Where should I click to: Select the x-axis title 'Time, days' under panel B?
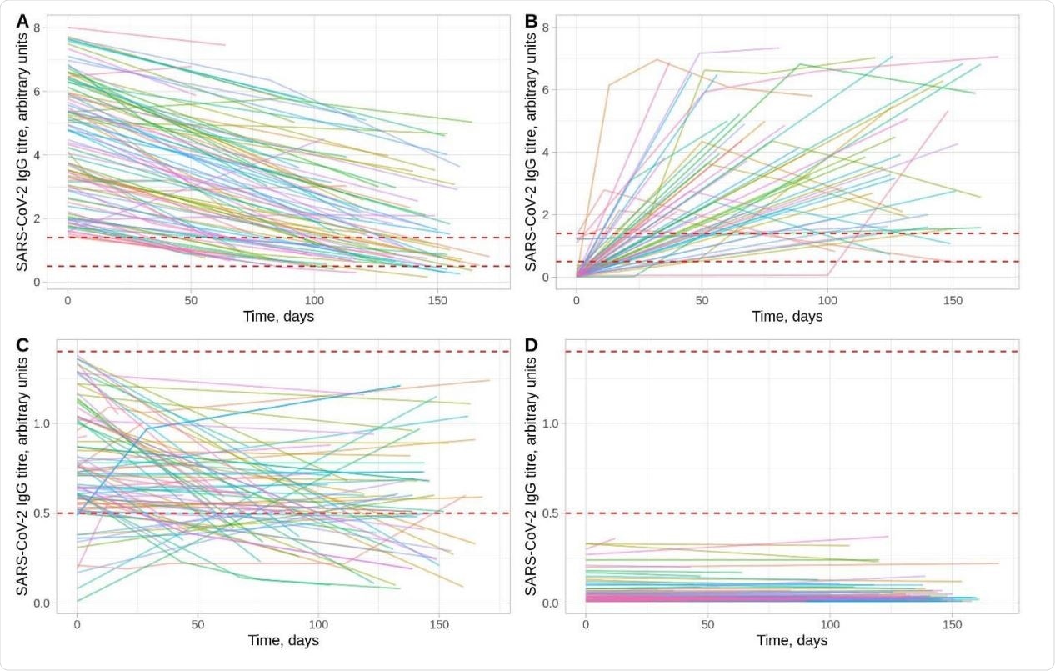click(787, 316)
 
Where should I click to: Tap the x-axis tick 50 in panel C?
click(198, 623)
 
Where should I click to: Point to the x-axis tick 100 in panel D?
click(830, 623)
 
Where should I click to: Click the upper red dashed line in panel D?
click(792, 352)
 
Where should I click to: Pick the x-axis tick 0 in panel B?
click(577, 298)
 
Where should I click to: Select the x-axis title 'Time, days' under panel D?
click(792, 640)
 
